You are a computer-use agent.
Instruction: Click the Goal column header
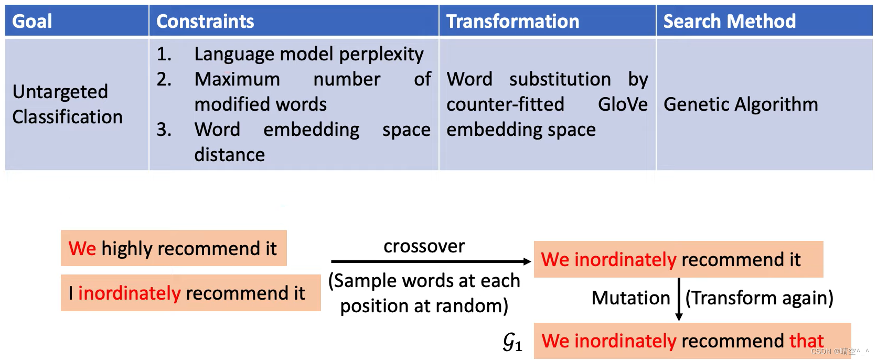point(32,22)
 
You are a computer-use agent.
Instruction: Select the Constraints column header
point(205,22)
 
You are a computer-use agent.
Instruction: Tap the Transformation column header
point(512,22)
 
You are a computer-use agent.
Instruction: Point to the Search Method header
point(729,22)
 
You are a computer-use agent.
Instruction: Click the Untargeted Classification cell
point(67,104)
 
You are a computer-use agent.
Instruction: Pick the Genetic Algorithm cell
point(741,104)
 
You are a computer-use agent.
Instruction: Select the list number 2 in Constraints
point(164,79)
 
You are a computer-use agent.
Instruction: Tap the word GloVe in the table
point(623,104)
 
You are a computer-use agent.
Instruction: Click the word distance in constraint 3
point(229,155)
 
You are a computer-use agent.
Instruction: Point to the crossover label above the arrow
point(424,246)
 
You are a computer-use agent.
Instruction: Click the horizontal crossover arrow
point(430,261)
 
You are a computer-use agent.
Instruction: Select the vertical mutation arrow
point(679,299)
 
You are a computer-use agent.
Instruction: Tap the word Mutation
point(630,298)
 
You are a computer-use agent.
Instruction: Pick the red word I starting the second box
point(71,293)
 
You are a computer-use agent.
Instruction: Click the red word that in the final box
point(806,341)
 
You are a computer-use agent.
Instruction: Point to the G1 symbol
point(512,342)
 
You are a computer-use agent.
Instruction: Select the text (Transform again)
point(759,298)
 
